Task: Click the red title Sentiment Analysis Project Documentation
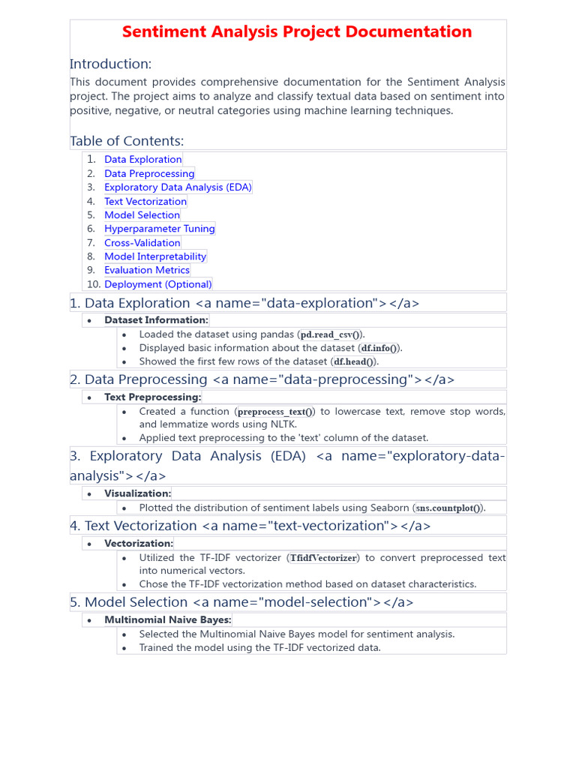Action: (x=297, y=32)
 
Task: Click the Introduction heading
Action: (x=111, y=64)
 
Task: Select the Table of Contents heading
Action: (x=127, y=141)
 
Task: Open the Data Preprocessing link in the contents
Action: (x=149, y=173)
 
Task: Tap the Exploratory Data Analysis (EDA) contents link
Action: (x=178, y=187)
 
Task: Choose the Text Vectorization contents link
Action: (x=145, y=201)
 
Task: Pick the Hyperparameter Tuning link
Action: (x=160, y=229)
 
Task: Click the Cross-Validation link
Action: (x=142, y=243)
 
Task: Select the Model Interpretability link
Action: (x=155, y=256)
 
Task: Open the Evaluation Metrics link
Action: (x=147, y=270)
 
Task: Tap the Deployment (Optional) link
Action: (x=158, y=284)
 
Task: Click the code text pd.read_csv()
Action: (x=331, y=334)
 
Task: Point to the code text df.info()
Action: (x=379, y=348)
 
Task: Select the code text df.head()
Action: (x=353, y=361)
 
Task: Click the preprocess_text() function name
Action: (x=276, y=412)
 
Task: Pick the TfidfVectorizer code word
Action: (x=324, y=558)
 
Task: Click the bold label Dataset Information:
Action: (x=157, y=320)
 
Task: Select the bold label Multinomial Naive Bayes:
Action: (x=168, y=620)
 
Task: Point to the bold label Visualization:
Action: (x=138, y=493)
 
